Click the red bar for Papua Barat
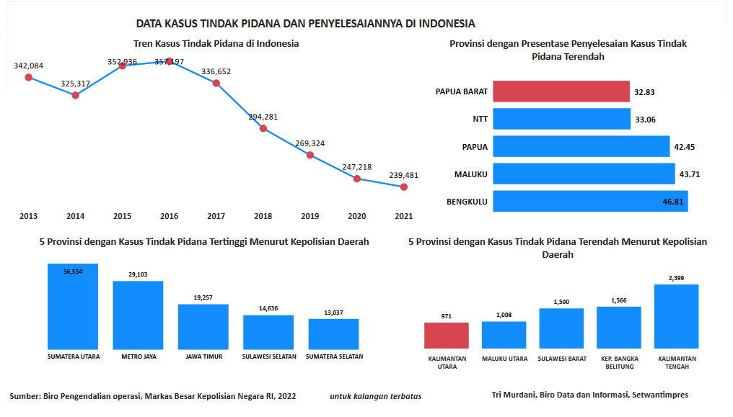point(561,91)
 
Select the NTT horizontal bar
point(561,120)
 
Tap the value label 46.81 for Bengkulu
point(672,202)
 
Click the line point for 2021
point(404,187)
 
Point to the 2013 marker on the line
point(29,77)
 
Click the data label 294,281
point(263,117)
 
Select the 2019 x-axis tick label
point(310,216)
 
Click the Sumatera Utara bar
point(73,306)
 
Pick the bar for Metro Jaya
point(138,315)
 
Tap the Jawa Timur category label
point(203,357)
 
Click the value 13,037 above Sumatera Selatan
point(333,312)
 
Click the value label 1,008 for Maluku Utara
point(504,315)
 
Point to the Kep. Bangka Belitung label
point(619,362)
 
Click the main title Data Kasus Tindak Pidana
point(305,24)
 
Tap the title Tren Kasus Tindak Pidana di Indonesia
point(216,44)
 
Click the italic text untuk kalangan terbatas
point(376,395)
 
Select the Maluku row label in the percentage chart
point(471,174)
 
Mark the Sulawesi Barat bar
point(561,328)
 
